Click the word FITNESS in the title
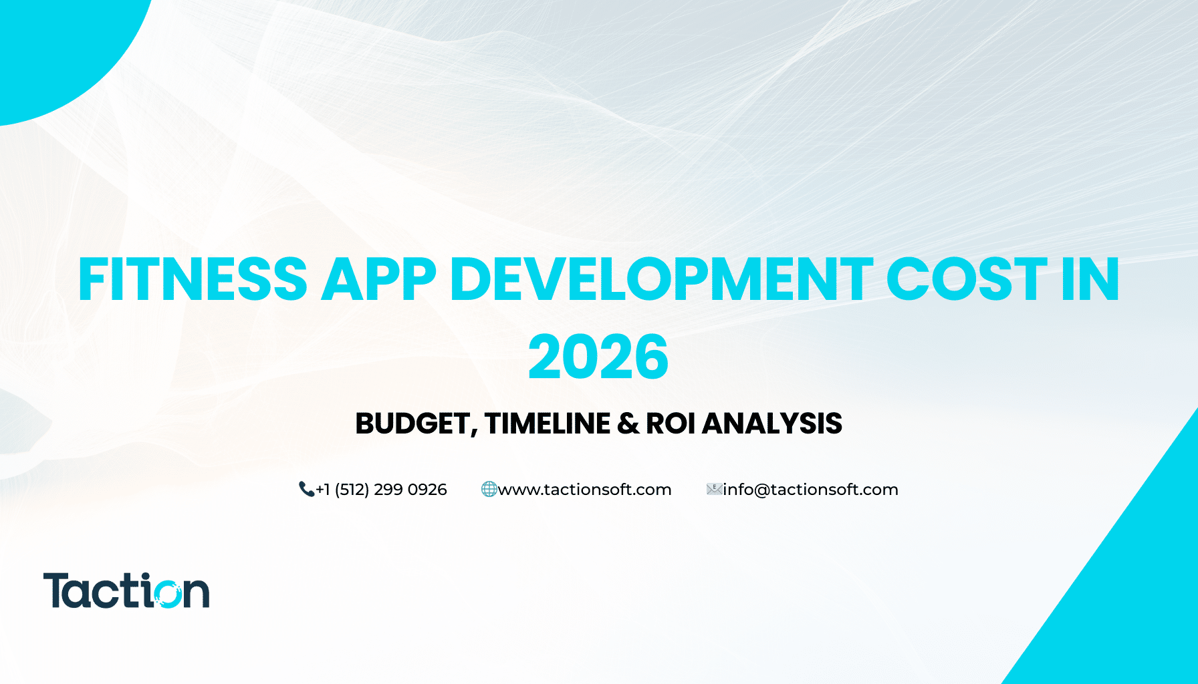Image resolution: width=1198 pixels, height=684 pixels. coord(193,279)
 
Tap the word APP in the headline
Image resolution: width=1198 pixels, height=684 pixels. coord(379,279)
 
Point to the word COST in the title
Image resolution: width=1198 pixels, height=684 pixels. coord(967,279)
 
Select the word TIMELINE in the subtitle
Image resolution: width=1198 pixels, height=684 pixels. coord(548,423)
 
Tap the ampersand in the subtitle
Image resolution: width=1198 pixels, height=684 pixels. coord(628,423)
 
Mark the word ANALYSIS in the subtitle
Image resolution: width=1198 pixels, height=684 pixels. coord(772,423)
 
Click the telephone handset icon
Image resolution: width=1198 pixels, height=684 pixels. coord(306,490)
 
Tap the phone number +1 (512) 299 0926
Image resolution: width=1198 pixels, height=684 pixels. coord(381,490)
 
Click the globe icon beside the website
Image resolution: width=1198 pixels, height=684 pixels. coord(489,490)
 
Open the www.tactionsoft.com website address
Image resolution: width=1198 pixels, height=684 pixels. coord(584,490)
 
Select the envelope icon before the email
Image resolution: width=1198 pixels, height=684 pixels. coord(714,490)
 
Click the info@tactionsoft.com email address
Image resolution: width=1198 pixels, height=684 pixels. coord(810,490)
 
